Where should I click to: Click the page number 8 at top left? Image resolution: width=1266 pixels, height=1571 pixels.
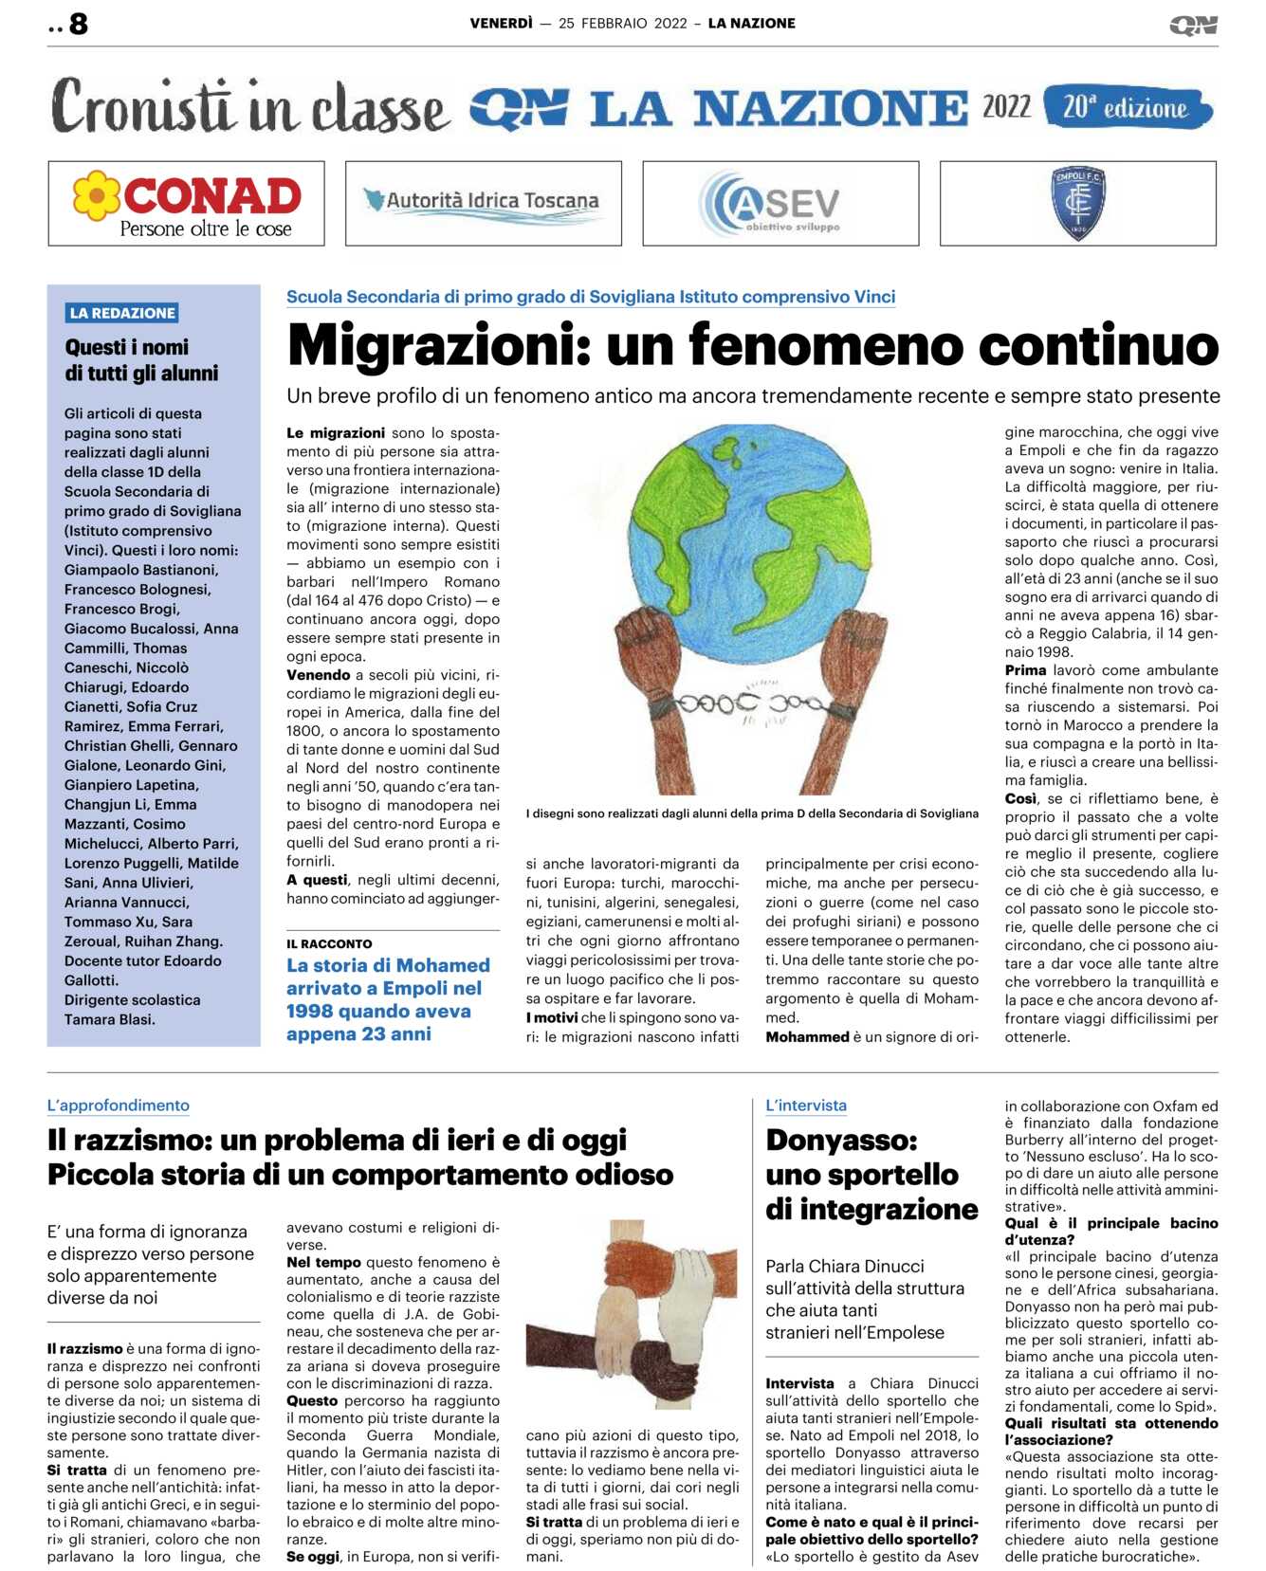(78, 24)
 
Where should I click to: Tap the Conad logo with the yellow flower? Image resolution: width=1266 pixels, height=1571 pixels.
(187, 203)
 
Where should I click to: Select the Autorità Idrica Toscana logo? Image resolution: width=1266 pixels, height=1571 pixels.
(483, 202)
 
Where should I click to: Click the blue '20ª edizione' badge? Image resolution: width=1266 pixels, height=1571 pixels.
(1127, 107)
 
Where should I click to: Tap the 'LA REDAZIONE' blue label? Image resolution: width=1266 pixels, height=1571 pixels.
(122, 313)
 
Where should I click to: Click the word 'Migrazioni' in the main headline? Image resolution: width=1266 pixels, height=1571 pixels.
(437, 345)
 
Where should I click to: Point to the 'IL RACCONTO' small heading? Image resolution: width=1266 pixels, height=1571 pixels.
(329, 943)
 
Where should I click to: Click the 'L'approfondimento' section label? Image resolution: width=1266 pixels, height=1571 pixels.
(119, 1105)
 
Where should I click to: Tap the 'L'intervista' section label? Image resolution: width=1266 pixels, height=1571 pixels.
(806, 1105)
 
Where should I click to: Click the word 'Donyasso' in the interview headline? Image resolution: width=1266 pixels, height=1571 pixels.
(840, 1140)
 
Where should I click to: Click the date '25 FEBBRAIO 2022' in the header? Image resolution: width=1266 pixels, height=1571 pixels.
(622, 24)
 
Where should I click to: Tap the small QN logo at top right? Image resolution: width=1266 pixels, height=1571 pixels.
(1193, 26)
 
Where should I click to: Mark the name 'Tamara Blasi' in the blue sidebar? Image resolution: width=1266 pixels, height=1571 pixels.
(109, 1019)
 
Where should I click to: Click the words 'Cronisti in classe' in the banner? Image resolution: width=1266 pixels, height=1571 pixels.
(249, 107)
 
